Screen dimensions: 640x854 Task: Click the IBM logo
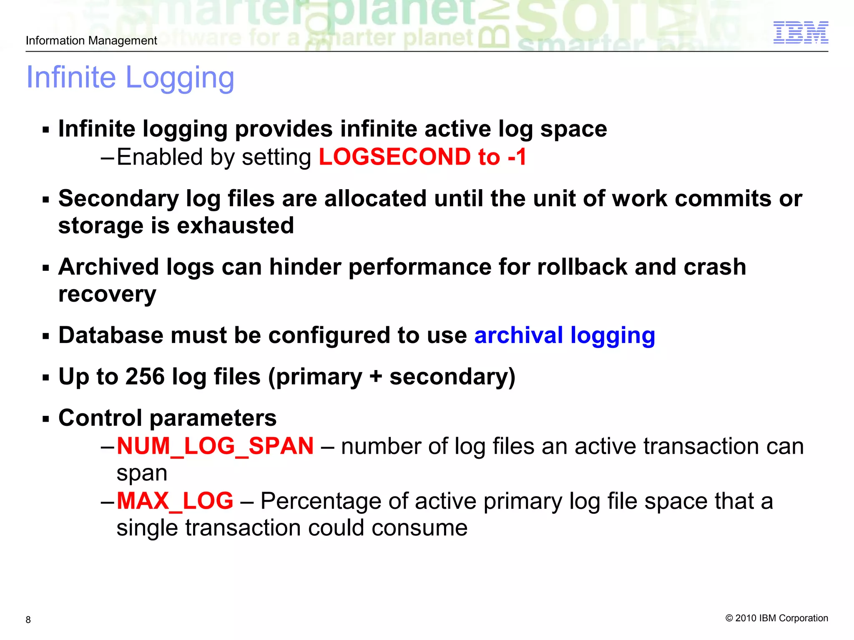[x=800, y=32]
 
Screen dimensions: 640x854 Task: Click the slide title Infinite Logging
[x=130, y=77]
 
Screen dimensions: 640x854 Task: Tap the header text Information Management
[x=91, y=40]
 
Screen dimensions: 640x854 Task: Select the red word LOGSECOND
[x=394, y=157]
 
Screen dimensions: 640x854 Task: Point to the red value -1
[x=517, y=157]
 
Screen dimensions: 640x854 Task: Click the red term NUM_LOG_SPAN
[x=215, y=446]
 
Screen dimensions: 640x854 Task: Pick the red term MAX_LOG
[x=175, y=501]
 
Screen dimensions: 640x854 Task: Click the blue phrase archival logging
[x=565, y=335]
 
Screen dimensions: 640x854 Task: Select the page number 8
[x=28, y=620]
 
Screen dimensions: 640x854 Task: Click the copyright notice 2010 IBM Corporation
[x=777, y=618]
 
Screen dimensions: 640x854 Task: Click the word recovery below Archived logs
[x=107, y=295]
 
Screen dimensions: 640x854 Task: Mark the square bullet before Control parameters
[x=46, y=419]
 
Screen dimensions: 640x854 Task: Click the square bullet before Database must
[x=46, y=336]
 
